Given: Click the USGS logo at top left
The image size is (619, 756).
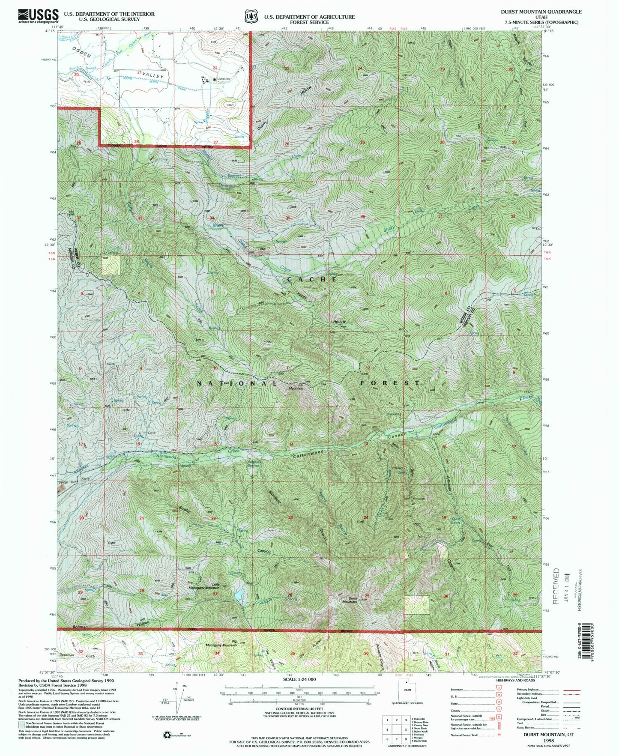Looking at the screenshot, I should pos(38,16).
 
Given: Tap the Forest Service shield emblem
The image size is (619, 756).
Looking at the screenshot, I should pos(249,16).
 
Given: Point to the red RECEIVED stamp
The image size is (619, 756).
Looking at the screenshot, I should pos(556,586).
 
